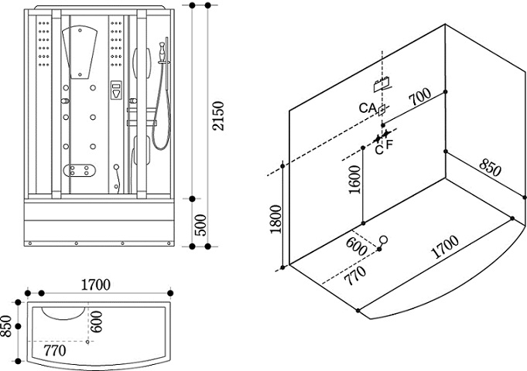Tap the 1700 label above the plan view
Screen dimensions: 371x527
click(96, 284)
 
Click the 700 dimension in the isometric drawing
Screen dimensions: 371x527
click(419, 98)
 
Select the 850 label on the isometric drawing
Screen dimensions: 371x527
click(488, 168)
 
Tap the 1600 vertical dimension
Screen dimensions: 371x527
click(354, 182)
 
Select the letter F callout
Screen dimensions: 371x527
click(389, 144)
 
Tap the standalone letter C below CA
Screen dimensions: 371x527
click(379, 149)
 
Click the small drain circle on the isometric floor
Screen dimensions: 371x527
click(384, 240)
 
